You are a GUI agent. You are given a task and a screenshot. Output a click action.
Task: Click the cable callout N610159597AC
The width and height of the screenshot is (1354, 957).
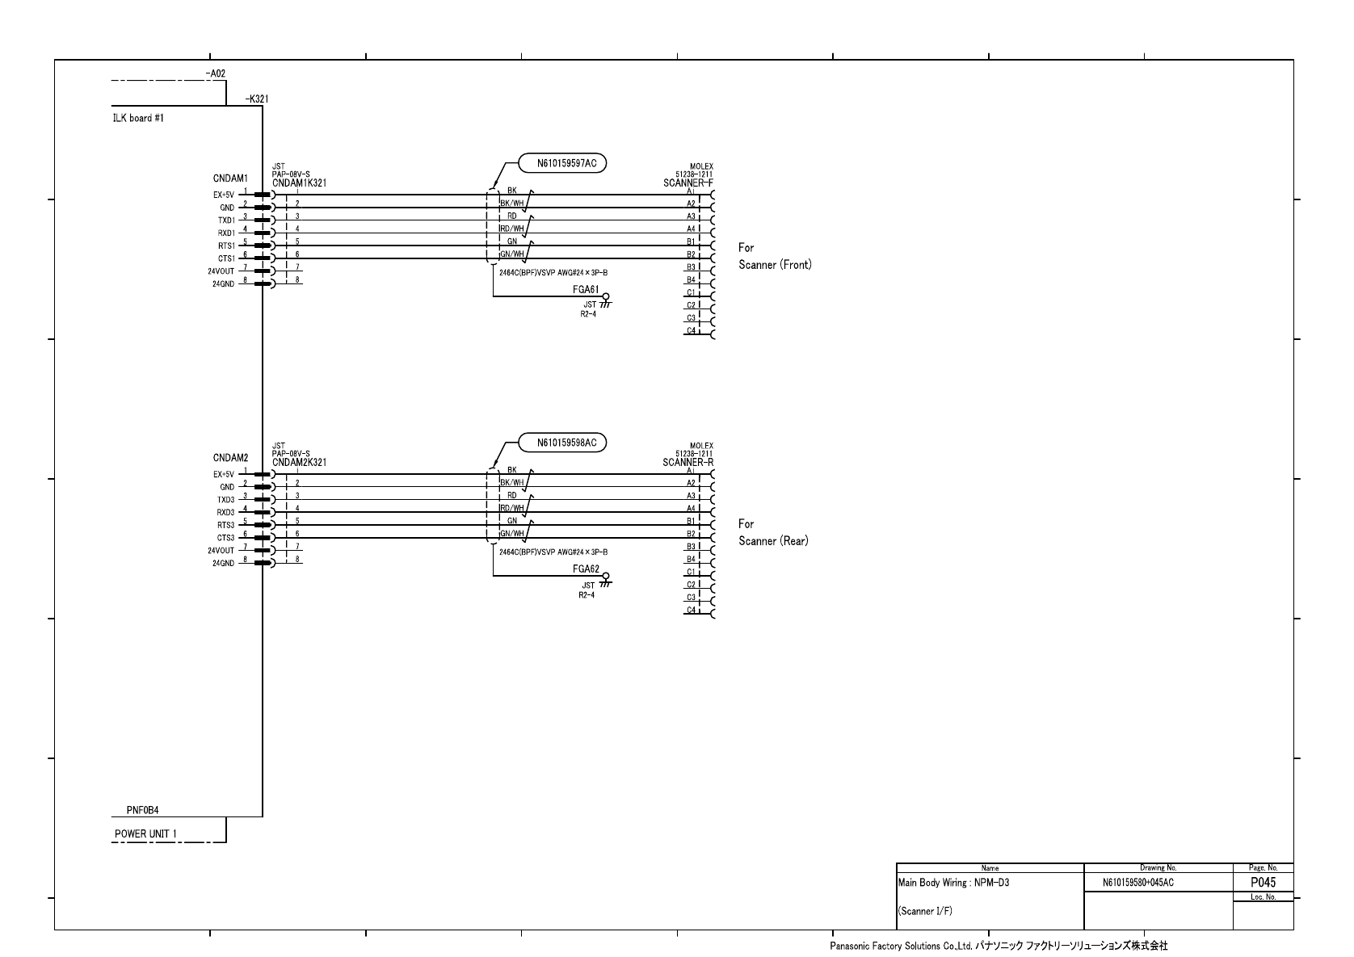[566, 164]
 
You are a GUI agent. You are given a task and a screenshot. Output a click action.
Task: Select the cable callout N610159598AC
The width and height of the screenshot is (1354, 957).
[566, 443]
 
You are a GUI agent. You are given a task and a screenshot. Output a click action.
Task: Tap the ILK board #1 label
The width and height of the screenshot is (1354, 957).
[138, 118]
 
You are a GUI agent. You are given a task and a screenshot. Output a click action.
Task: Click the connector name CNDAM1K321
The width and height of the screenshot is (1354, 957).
[299, 183]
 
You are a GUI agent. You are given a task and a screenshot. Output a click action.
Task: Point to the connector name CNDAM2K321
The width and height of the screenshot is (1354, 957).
[299, 463]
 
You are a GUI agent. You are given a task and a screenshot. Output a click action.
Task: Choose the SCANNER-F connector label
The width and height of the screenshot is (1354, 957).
[688, 183]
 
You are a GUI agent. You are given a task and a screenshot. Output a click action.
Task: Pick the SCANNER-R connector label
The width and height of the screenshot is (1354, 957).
[688, 463]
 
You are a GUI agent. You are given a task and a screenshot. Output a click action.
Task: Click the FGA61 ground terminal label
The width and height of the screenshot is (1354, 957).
[585, 290]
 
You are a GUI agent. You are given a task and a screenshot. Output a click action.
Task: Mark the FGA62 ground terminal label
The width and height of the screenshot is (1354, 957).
[585, 569]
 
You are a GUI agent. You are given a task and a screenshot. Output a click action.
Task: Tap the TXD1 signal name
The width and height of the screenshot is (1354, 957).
[226, 220]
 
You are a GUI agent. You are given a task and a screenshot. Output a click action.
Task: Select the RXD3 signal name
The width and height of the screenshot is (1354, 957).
[225, 513]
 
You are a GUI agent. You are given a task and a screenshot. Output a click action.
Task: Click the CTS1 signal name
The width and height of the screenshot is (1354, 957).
[226, 258]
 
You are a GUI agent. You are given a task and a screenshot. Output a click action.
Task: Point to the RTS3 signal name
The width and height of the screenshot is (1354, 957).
[225, 525]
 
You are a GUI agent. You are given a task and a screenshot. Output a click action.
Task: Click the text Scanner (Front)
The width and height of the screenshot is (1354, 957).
[775, 265]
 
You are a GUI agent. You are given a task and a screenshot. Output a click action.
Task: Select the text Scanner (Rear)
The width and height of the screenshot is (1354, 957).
[773, 541]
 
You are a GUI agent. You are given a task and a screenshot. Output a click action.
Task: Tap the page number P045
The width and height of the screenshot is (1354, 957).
[1263, 883]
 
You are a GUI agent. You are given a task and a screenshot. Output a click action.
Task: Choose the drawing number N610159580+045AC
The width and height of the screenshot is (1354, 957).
[1137, 884]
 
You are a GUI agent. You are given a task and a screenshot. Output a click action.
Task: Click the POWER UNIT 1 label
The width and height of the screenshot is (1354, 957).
[145, 834]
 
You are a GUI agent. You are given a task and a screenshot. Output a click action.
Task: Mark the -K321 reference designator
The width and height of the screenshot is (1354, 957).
[256, 99]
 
